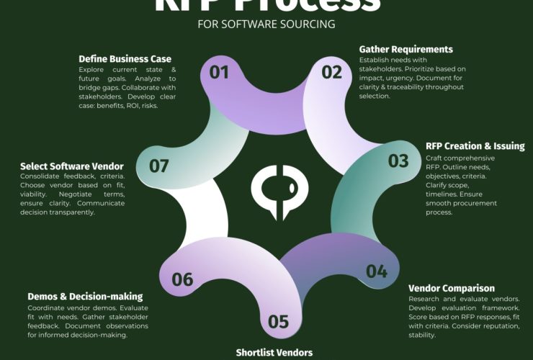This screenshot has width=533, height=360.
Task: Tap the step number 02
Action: click(x=332, y=72)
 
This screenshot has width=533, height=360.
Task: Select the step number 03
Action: click(x=398, y=161)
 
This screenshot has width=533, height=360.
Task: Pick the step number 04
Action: click(x=377, y=271)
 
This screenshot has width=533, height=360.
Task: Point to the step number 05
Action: click(x=278, y=322)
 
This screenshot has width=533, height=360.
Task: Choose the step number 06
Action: click(x=182, y=279)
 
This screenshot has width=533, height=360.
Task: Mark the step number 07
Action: click(x=159, y=166)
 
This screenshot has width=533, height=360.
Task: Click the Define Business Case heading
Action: click(x=125, y=59)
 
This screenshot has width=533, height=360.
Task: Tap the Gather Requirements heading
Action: click(x=406, y=50)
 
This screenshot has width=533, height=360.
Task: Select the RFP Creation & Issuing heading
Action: click(x=475, y=146)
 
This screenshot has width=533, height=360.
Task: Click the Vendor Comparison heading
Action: click(x=451, y=288)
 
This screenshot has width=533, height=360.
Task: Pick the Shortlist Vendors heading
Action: click(x=274, y=353)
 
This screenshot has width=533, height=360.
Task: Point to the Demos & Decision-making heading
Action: click(x=85, y=296)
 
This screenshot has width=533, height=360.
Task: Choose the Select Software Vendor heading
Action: click(x=72, y=166)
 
